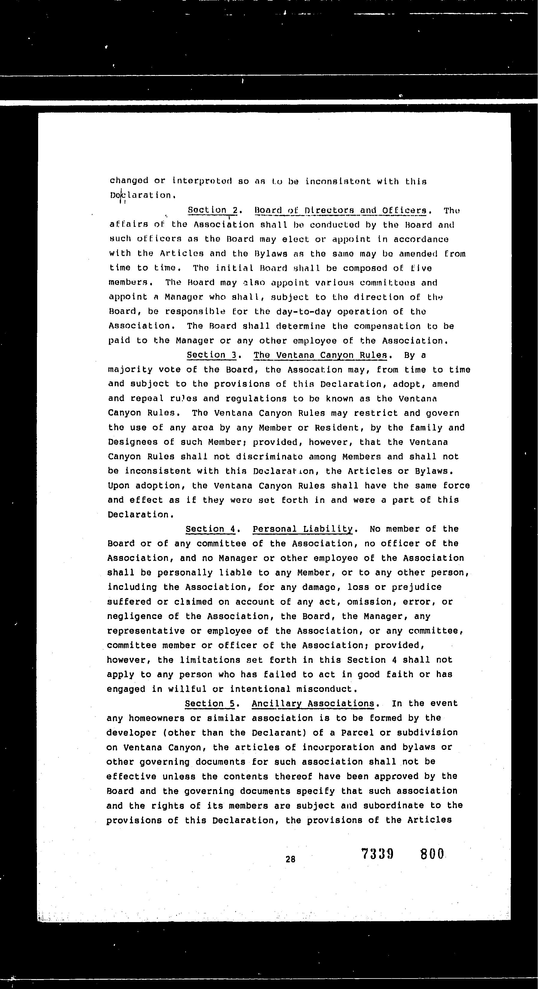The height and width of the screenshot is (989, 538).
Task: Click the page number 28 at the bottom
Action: (291, 860)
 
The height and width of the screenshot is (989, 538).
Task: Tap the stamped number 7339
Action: (377, 854)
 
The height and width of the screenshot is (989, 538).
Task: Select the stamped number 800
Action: (432, 854)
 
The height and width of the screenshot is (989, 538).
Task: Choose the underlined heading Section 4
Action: (210, 529)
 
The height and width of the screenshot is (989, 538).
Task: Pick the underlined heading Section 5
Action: (210, 703)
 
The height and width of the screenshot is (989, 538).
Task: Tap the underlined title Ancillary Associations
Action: (313, 703)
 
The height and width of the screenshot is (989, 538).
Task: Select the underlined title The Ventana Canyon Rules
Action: (320, 355)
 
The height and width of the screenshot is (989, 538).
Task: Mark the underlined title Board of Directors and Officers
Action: (341, 210)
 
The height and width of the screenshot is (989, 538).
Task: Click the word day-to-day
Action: (303, 312)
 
